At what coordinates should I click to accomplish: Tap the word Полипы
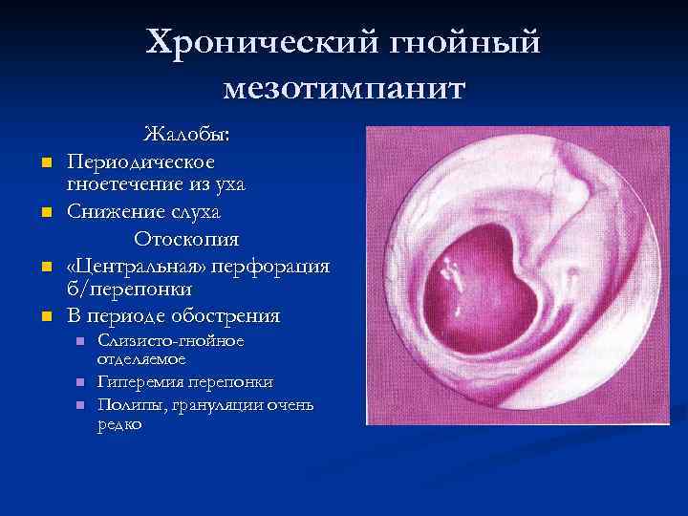pos(127,405)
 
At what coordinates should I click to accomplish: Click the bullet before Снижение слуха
pos(44,211)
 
